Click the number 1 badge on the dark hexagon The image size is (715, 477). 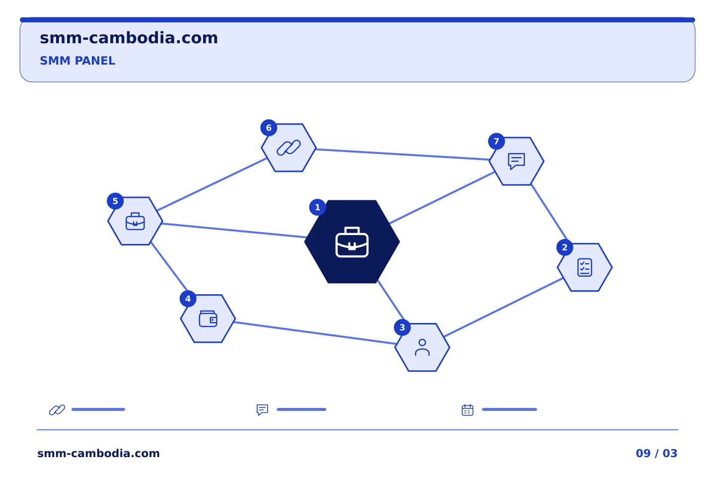tap(317, 207)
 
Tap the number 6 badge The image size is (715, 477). tap(269, 128)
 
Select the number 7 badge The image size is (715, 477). tap(497, 141)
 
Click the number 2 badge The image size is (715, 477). tap(565, 247)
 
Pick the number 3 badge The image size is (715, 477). tap(402, 327)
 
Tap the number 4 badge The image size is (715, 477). tap(188, 299)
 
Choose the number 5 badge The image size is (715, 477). tap(115, 201)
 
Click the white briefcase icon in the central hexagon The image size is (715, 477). tap(352, 242)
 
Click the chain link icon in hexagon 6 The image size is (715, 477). tap(288, 148)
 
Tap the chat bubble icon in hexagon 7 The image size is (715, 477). tap(516, 161)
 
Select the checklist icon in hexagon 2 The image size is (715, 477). tap(585, 267)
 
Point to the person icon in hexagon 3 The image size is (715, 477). tap(422, 347)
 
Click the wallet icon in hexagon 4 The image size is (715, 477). tap(208, 318)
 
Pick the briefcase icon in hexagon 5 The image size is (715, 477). tap(136, 221)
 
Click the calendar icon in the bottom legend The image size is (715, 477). tap(468, 410)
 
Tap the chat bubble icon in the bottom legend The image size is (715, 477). tap(262, 410)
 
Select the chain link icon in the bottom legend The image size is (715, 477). tap(57, 410)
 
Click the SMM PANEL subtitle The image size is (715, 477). tap(77, 61)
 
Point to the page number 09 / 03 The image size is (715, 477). tap(656, 453)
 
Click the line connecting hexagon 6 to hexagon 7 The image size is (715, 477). tap(403, 155)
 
